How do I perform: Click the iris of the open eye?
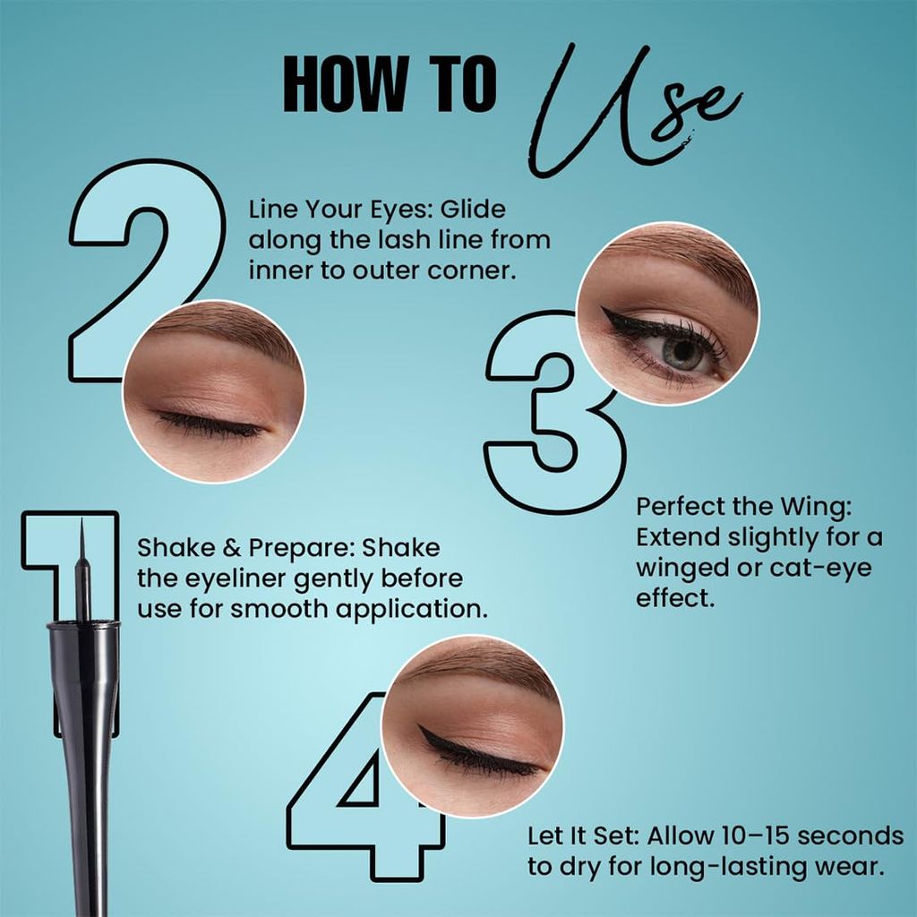coord(681,352)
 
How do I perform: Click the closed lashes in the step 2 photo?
coord(210,426)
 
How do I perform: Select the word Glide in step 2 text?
coord(473,210)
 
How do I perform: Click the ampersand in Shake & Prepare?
coord(232,549)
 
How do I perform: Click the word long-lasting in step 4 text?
coord(693,867)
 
